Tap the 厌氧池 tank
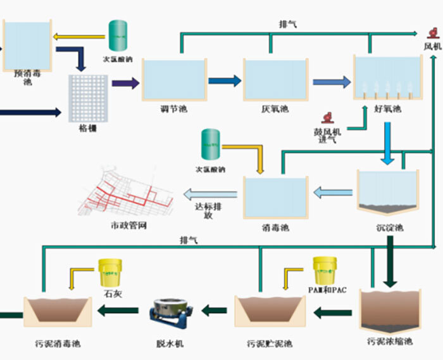click(275, 79)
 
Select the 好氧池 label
click(388, 109)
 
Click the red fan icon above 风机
click(432, 33)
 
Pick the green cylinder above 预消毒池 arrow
click(117, 36)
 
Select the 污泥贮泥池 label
click(270, 344)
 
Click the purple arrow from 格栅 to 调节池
click(125, 83)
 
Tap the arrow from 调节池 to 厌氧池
click(225, 80)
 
